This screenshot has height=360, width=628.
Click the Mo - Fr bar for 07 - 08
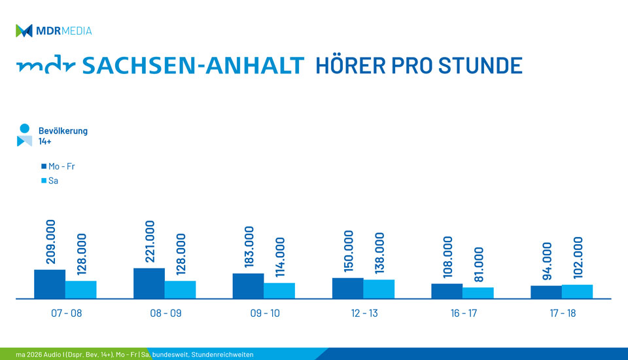tap(50, 284)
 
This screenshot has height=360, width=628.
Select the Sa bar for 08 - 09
tap(180, 289)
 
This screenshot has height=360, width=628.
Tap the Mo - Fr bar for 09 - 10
tap(248, 286)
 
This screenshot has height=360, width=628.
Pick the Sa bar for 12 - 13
tap(379, 289)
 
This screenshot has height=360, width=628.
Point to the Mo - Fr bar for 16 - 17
tap(447, 291)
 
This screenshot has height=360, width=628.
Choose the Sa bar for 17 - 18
tap(577, 291)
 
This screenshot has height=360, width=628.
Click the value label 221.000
tap(150, 242)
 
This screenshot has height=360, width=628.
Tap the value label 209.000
tap(50, 242)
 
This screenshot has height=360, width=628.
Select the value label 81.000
tap(479, 265)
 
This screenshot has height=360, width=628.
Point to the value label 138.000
tap(379, 253)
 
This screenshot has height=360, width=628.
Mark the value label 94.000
tap(547, 261)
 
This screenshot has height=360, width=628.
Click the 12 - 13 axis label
tap(364, 314)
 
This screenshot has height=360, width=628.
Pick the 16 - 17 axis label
tap(464, 314)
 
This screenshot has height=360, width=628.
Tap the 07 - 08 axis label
tap(67, 314)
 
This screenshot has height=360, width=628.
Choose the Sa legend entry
tap(49, 180)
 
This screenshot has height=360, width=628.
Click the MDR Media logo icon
tap(24, 31)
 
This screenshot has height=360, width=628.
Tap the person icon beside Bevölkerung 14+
tap(24, 135)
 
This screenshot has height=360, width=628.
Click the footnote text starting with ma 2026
tap(134, 355)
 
